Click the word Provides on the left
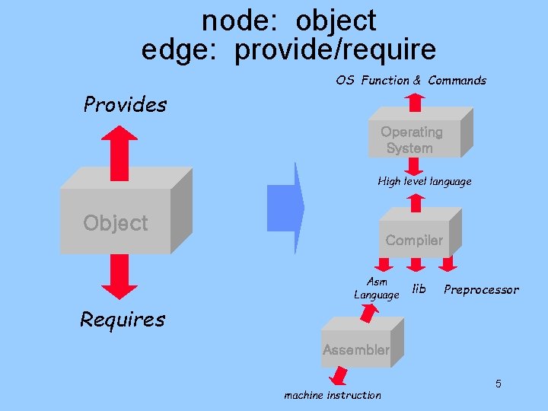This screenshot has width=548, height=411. (125, 104)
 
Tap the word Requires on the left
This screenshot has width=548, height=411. (123, 319)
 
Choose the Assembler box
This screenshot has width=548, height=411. (355, 349)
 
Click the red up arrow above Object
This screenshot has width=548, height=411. (119, 152)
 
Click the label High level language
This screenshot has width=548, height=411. (425, 181)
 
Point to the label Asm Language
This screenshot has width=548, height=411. (376, 288)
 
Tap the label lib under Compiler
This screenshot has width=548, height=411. (419, 288)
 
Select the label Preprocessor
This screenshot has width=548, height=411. (481, 289)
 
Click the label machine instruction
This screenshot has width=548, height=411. (333, 395)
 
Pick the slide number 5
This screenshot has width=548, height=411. (498, 384)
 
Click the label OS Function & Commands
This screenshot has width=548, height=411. (411, 80)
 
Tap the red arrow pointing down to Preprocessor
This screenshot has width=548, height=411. (448, 263)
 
